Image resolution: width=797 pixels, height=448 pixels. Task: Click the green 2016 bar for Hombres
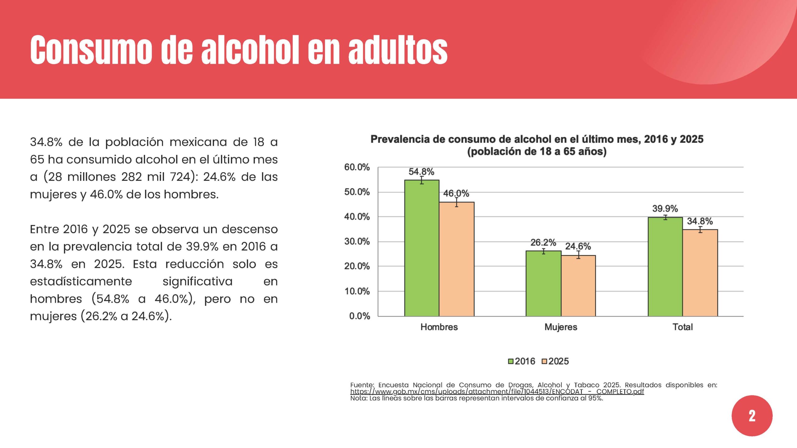click(x=422, y=248)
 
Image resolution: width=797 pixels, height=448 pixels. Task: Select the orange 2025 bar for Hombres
click(x=457, y=259)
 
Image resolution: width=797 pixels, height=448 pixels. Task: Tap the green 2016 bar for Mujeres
click(x=544, y=283)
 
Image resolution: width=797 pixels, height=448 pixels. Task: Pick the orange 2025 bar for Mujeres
click(x=578, y=286)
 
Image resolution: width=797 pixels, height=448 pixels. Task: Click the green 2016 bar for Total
click(x=665, y=267)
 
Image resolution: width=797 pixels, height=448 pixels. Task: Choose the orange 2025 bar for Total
click(x=700, y=273)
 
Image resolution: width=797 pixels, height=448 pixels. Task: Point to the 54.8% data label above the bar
click(x=421, y=171)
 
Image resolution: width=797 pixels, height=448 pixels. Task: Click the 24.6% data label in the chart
click(x=578, y=246)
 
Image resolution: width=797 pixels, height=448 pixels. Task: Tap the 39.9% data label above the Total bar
click(x=665, y=208)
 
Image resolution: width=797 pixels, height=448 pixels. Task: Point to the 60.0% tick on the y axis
click(x=357, y=167)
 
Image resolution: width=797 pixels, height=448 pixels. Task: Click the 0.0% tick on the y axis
click(x=360, y=316)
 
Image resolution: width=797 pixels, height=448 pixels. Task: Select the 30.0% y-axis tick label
click(x=357, y=241)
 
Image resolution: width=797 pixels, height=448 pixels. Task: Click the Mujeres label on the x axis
click(x=561, y=327)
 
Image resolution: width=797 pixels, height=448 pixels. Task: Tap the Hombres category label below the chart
click(x=439, y=327)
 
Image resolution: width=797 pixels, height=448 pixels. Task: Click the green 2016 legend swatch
click(x=511, y=361)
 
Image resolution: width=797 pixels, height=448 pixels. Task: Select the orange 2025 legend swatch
click(x=545, y=361)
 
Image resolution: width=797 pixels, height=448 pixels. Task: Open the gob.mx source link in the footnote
click(x=497, y=392)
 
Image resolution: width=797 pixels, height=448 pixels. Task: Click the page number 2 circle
click(x=752, y=416)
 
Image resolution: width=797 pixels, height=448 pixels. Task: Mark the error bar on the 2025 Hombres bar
click(x=457, y=202)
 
